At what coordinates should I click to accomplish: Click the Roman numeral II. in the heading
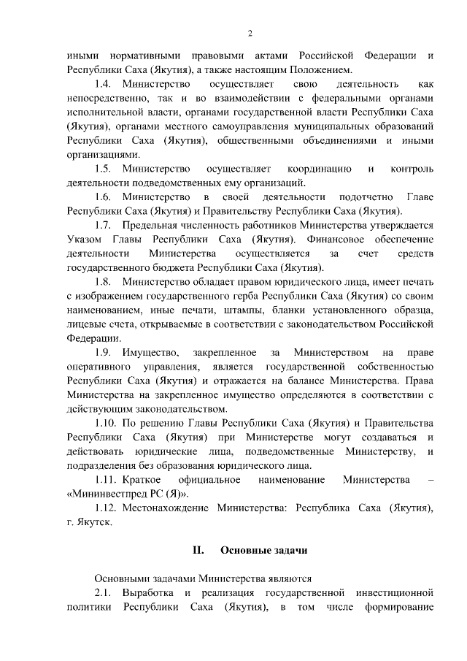tap(197, 550)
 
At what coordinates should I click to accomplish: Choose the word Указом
tap(85, 240)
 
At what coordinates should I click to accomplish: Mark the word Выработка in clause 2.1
tap(149, 592)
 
